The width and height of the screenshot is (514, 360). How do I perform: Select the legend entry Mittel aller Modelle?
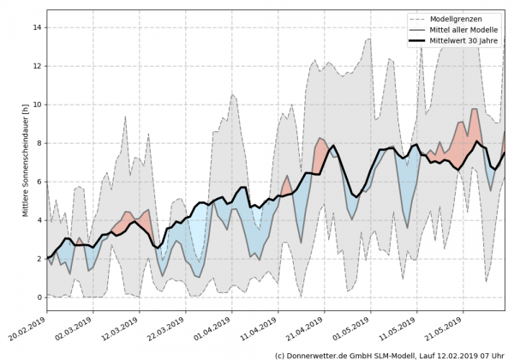(468, 31)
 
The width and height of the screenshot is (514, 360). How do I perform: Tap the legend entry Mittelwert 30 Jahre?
(468, 43)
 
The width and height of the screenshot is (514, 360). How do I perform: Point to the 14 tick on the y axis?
(39, 27)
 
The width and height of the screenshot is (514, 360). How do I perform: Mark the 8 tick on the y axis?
(39, 143)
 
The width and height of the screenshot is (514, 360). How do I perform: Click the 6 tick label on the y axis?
(39, 182)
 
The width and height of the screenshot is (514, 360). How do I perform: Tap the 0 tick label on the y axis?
(39, 297)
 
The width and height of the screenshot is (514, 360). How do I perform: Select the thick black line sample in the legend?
(417, 43)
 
